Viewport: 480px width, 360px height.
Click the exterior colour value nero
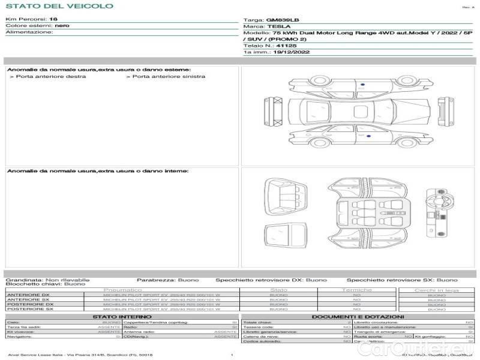62,26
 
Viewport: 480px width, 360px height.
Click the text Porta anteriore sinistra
168,77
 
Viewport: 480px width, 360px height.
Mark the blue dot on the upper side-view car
363,85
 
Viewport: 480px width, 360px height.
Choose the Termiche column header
356,290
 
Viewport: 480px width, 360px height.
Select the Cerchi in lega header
436,290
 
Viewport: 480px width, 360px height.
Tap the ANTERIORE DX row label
28,295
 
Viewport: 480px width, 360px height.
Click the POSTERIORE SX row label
30,309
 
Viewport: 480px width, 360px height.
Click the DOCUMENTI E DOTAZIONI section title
358,317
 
